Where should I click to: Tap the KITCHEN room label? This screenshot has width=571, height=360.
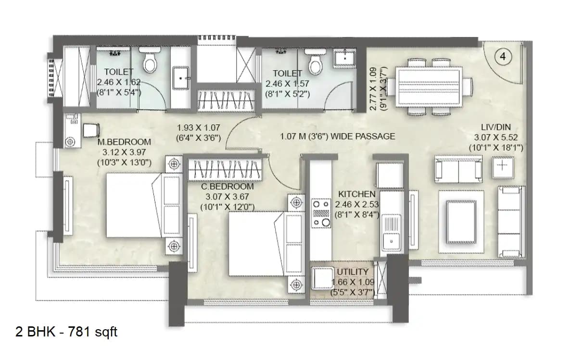click(x=356, y=194)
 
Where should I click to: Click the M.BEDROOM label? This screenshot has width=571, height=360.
click(x=124, y=142)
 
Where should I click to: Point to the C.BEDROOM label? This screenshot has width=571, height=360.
click(x=227, y=186)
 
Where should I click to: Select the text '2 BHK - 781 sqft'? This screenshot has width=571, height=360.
click(x=66, y=332)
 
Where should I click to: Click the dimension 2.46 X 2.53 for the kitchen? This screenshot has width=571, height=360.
click(x=356, y=204)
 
